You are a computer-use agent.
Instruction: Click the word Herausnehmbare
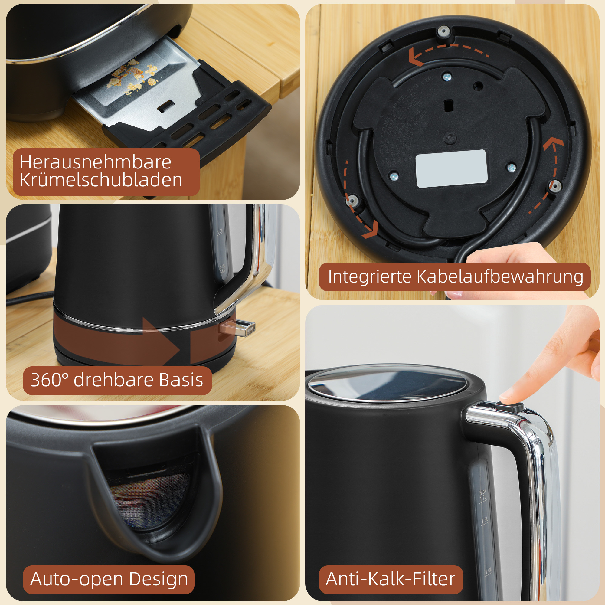coord(96,162)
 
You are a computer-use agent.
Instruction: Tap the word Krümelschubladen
coord(101,180)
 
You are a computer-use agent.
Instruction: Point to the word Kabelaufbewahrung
coord(500,277)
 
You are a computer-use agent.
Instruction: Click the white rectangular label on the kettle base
coord(451,169)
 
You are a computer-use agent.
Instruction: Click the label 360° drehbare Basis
coord(117,380)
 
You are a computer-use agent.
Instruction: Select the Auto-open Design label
coord(109,579)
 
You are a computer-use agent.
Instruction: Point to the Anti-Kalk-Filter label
coord(390,579)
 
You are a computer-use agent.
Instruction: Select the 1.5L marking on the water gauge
coord(484,520)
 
